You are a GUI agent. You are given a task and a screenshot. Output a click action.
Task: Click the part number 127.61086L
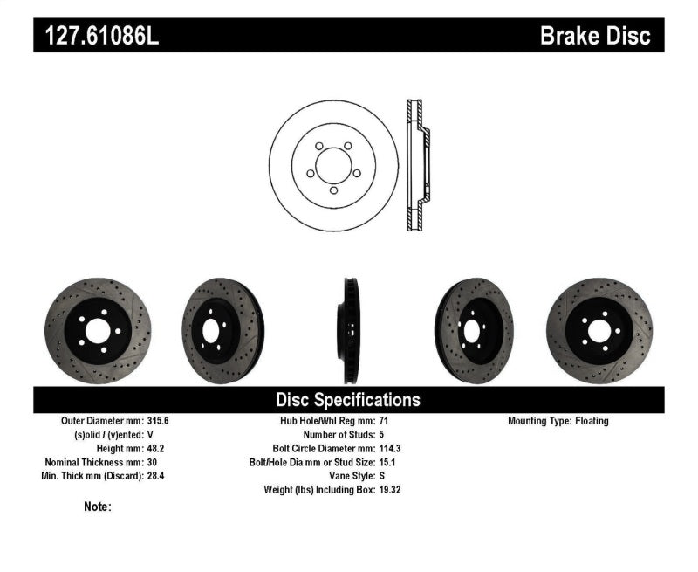coord(98,35)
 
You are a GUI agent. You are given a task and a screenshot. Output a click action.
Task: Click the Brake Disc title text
coord(595,35)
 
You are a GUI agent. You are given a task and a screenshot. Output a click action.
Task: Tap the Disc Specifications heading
coord(348,400)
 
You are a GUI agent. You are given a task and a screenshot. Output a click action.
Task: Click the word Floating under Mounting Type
coord(592,421)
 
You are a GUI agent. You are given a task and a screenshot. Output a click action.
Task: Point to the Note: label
coord(98,507)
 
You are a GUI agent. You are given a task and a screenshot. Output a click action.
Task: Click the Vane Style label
coord(346,475)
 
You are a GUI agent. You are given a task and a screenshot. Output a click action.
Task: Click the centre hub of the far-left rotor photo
coord(97,330)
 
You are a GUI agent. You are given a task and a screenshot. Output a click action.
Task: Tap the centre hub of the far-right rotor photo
coord(599,330)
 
